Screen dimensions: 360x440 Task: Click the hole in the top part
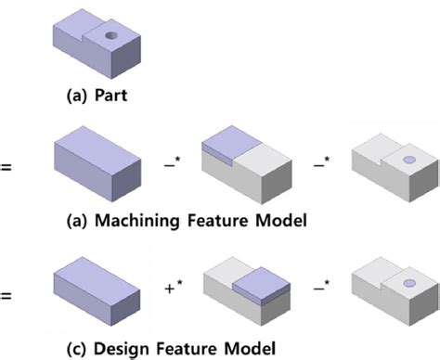coord(111,34)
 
